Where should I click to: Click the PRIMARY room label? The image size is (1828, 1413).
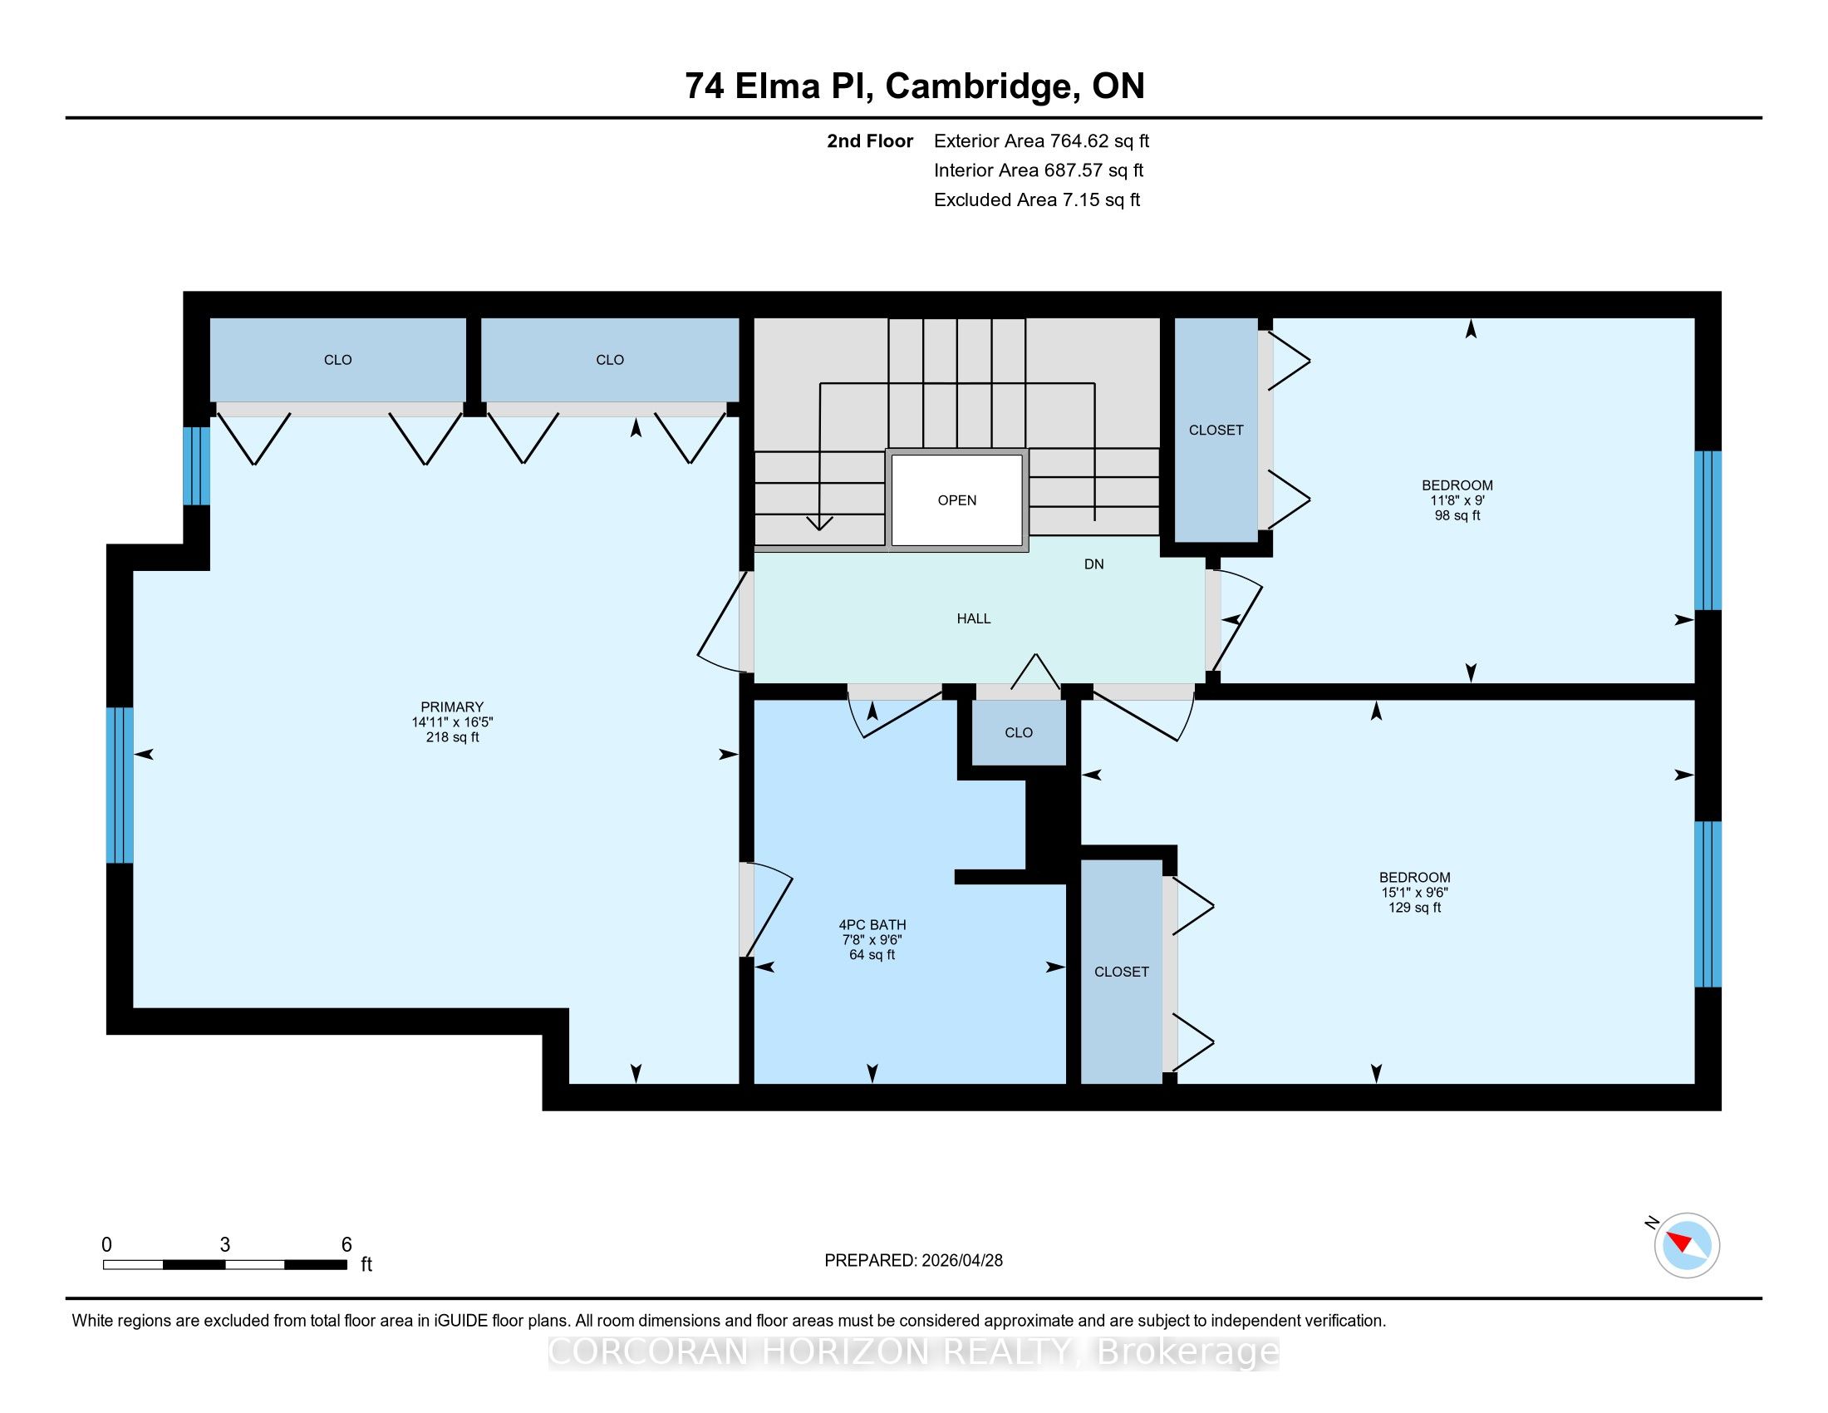pyautogui.click(x=452, y=706)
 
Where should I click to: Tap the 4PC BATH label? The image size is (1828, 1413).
pyautogui.click(x=872, y=925)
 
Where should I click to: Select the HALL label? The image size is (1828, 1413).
pyautogui.click(x=974, y=618)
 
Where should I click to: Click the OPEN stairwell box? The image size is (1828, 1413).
pyautogui.click(x=957, y=500)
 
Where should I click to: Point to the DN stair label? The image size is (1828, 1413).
pyautogui.click(x=1094, y=564)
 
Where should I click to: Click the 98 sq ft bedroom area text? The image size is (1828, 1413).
pyautogui.click(x=1457, y=515)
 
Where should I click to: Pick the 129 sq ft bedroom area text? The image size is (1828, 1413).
pyautogui.click(x=1414, y=908)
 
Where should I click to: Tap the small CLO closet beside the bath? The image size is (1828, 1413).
pyautogui.click(x=1019, y=732)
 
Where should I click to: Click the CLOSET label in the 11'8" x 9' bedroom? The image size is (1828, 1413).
pyautogui.click(x=1216, y=431)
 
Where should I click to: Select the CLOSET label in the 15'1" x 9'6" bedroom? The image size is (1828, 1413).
pyautogui.click(x=1122, y=972)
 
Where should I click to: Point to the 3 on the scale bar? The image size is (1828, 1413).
pyautogui.click(x=225, y=1245)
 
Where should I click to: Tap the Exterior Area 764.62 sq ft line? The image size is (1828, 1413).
pyautogui.click(x=1041, y=141)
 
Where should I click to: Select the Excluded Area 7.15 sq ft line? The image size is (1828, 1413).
pyautogui.click(x=1037, y=200)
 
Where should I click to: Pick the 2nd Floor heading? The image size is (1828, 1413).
pyautogui.click(x=870, y=141)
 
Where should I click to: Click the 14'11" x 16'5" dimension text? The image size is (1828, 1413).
pyautogui.click(x=452, y=722)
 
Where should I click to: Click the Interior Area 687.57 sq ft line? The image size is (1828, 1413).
pyautogui.click(x=1039, y=170)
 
